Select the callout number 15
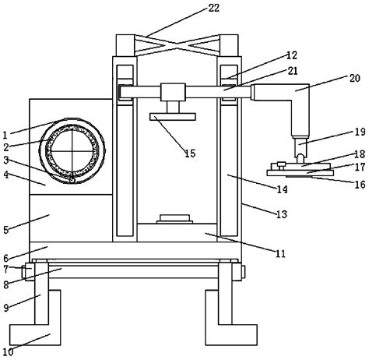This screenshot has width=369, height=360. (190, 153)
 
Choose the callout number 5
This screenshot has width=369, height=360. (6, 230)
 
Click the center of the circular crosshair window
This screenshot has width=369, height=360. (71, 150)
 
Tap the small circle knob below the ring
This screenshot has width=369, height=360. (72, 178)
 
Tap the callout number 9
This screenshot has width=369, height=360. (6, 308)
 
